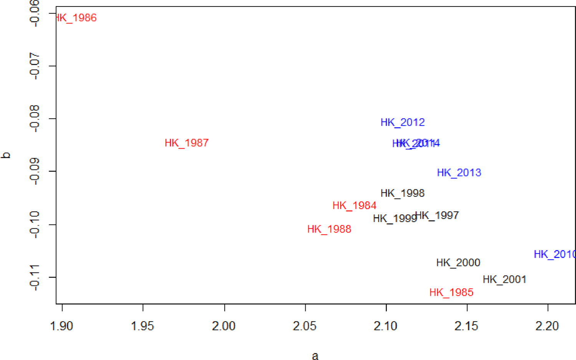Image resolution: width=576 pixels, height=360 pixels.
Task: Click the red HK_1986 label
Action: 76,18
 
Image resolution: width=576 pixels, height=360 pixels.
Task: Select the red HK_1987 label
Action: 187,143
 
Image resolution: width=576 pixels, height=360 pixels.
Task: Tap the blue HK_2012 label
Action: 402,122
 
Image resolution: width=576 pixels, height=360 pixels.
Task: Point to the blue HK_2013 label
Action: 459,173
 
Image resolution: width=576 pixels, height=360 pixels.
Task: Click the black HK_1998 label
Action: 402,193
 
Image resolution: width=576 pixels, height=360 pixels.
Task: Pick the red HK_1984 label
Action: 354,206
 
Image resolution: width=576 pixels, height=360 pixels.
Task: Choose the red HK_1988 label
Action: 329,229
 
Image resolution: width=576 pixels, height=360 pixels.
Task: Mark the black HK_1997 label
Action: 438,215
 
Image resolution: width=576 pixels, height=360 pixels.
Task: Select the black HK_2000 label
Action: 458,262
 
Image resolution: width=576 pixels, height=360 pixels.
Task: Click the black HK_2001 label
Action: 504,279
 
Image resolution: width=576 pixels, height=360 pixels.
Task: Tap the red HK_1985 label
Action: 451,292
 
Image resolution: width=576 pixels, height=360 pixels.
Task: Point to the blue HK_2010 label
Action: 554,254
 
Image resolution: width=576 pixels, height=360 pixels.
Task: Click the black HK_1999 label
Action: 394,218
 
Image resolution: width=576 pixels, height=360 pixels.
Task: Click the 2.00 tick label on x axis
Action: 223,326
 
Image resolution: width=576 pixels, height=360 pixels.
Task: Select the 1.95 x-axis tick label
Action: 142,326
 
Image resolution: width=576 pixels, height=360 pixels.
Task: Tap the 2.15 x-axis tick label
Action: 466,326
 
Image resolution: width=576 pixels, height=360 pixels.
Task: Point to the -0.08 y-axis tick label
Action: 35,119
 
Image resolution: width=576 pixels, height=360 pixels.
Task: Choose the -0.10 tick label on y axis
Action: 35,224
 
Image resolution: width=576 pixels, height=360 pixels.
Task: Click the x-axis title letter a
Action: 315,356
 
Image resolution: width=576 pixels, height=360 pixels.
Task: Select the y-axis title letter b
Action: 6,155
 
